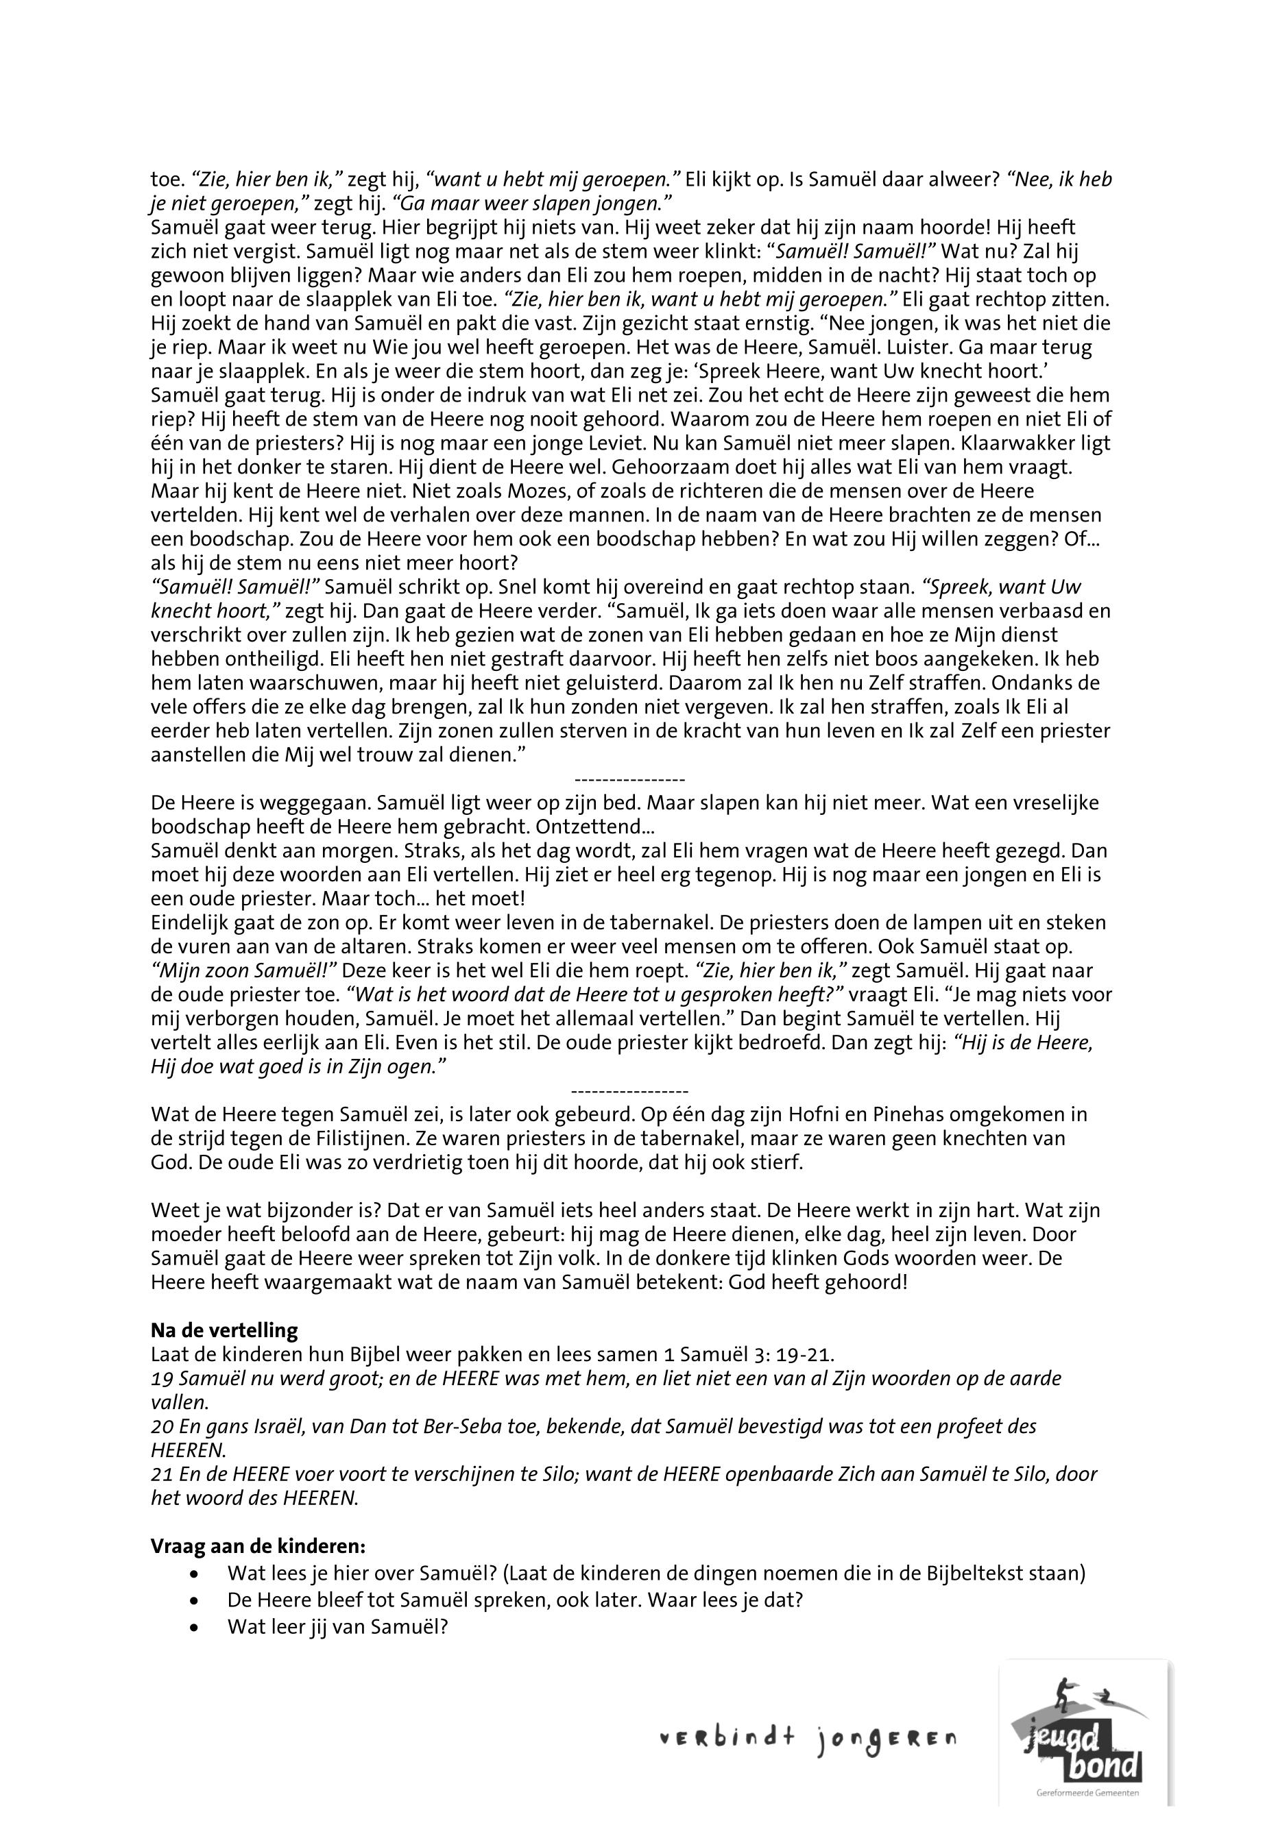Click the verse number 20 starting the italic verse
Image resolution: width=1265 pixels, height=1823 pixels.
coord(160,1426)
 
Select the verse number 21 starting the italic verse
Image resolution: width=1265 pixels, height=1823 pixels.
coord(160,1474)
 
